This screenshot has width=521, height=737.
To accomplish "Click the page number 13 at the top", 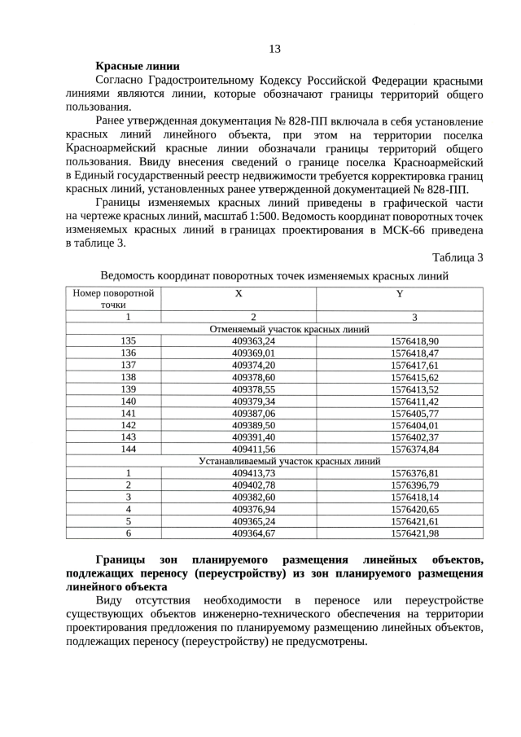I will [x=274, y=49].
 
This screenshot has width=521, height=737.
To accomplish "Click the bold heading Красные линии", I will [x=138, y=66].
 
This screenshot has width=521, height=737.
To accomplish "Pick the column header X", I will [x=238, y=292].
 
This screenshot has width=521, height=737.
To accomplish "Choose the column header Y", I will [x=399, y=292].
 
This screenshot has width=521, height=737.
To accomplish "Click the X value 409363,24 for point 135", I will [x=254, y=341].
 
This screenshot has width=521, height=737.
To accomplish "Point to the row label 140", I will [x=128, y=401].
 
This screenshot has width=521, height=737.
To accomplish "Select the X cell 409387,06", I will [x=254, y=413].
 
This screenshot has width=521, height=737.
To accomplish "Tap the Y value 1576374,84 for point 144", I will [x=414, y=449].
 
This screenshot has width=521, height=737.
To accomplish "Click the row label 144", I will [x=128, y=449].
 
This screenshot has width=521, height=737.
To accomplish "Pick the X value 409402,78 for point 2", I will [x=254, y=485].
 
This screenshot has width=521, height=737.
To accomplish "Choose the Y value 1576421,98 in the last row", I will [x=414, y=533].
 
